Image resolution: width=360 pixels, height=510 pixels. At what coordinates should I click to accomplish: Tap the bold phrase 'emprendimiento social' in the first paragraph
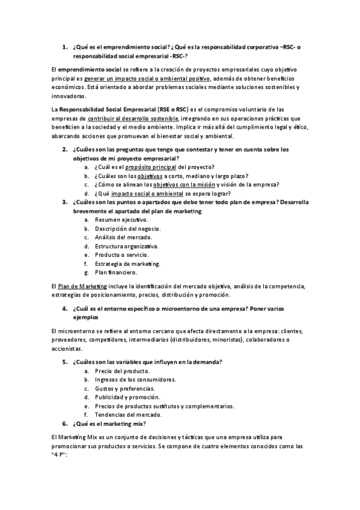[x=90, y=70]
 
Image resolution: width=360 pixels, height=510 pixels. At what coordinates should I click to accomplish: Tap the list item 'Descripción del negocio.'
[x=127, y=229]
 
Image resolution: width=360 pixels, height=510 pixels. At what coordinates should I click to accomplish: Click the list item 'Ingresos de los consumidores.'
[x=135, y=379]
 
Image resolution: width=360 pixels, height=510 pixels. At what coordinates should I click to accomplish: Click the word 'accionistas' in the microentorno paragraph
[x=67, y=349]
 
